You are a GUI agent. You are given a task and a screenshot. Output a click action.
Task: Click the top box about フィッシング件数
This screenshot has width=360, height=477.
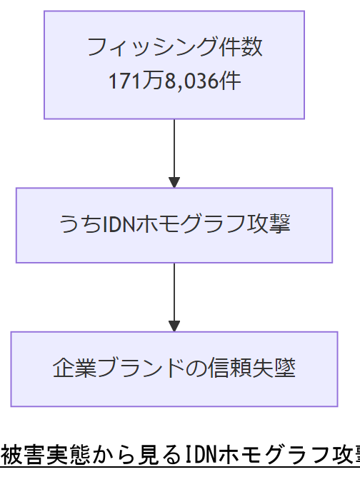point(174,64)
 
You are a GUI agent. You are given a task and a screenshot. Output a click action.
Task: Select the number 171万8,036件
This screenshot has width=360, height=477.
point(174,81)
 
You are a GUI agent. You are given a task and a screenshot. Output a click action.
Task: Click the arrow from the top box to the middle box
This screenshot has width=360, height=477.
point(174,150)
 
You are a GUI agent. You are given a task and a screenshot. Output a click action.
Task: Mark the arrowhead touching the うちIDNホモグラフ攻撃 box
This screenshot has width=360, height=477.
point(174,182)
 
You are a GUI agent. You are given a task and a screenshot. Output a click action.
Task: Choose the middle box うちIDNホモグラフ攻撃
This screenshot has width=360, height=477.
point(174,225)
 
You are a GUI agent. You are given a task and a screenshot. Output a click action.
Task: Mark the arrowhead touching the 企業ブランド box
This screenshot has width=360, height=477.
point(174,326)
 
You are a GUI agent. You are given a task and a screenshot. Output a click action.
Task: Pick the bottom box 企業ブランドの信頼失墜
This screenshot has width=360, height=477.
point(174,368)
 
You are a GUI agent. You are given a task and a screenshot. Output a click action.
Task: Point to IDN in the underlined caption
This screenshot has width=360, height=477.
point(201,455)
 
